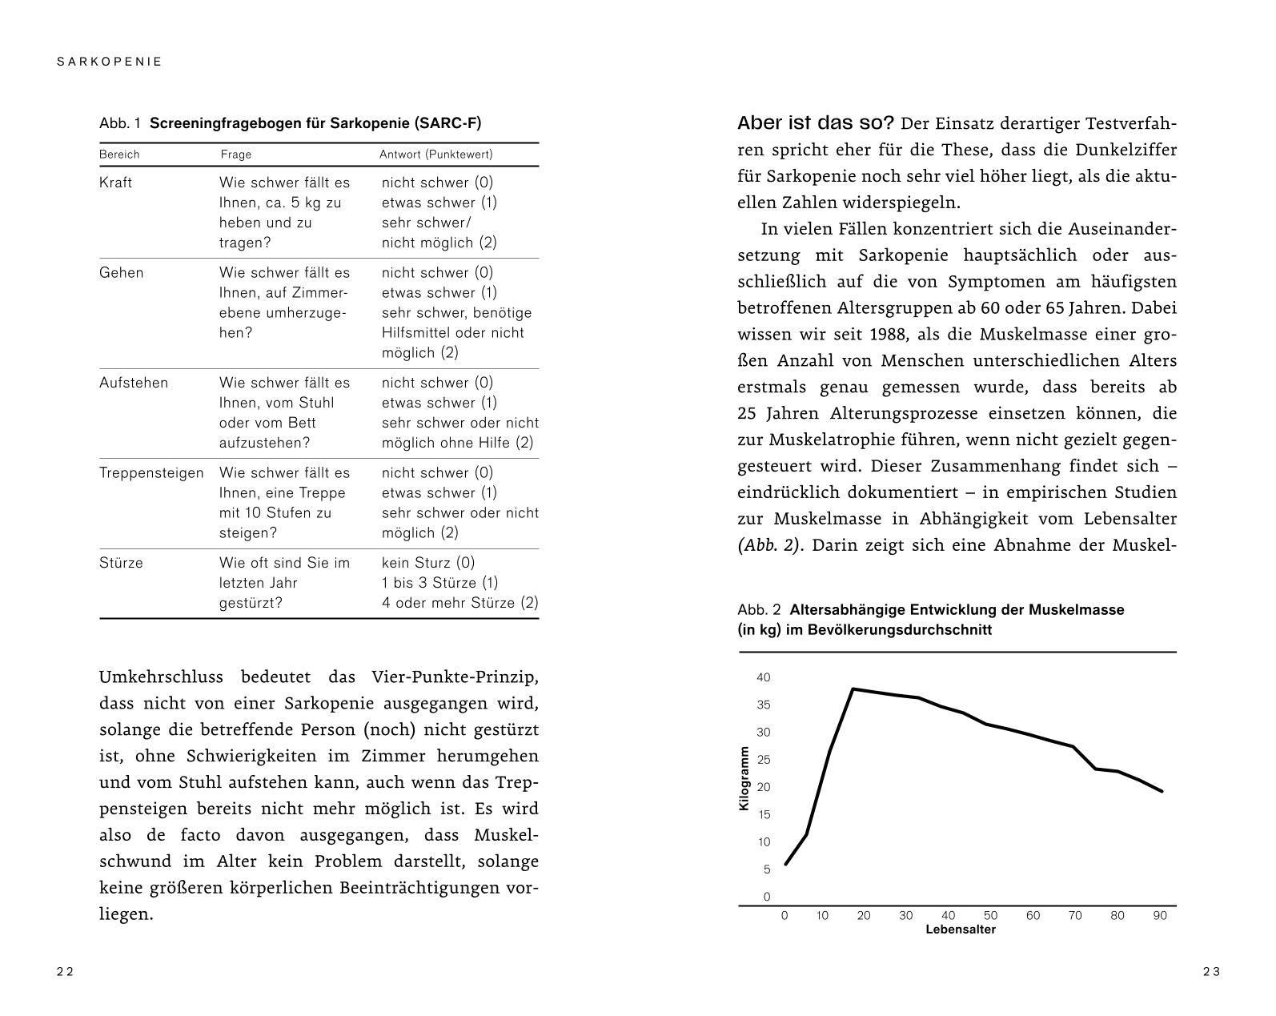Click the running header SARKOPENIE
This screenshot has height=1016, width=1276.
point(110,62)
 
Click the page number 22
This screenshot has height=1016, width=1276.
point(65,972)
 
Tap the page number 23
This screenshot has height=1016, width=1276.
point(1211,972)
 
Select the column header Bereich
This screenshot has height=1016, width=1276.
point(119,155)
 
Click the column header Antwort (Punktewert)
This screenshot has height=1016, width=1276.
point(435,155)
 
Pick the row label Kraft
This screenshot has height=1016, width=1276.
point(115,183)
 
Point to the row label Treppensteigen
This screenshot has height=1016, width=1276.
point(151,473)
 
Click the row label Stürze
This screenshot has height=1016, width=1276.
point(121,563)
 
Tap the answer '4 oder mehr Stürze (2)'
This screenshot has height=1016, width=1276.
point(459,603)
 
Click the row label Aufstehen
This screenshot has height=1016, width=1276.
point(134,383)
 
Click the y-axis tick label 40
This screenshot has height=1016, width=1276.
point(763,678)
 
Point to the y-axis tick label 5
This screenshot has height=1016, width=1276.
point(766,869)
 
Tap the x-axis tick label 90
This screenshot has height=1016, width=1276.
point(1159,916)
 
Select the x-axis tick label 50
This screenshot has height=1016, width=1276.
point(990,916)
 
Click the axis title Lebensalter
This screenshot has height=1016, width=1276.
point(960,930)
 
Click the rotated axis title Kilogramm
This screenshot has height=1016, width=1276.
point(744,778)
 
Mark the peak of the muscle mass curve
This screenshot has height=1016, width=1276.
point(853,689)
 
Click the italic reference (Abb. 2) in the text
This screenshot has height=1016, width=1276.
point(768,546)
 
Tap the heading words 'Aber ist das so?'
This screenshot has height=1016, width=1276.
point(815,123)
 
